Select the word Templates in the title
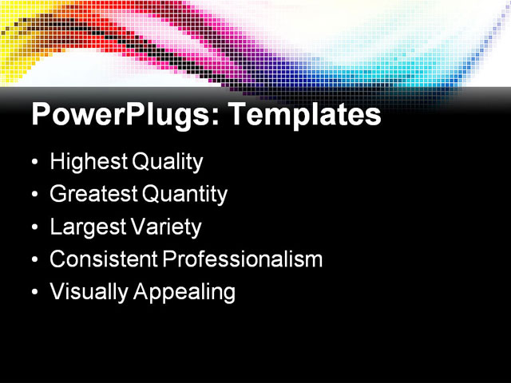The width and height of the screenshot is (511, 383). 304,116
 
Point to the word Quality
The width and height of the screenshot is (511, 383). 167,162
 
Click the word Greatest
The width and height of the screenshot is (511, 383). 93,194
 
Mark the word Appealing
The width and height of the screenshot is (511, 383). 184,292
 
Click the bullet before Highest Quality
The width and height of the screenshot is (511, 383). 34,163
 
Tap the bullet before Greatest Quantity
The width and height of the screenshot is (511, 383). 34,195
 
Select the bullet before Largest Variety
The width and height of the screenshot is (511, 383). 34,227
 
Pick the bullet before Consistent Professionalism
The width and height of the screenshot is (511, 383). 34,260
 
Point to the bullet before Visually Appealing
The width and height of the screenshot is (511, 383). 34,293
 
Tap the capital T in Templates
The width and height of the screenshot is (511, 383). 238,114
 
